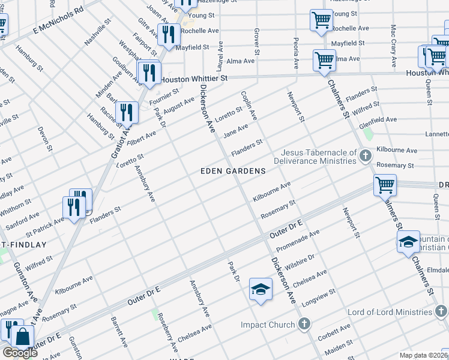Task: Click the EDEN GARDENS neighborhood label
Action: click(x=233, y=171)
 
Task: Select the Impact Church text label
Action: click(x=268, y=325)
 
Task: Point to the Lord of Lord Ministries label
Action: click(x=390, y=313)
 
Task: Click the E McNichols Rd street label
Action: click(x=58, y=19)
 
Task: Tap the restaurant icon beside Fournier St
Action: click(x=148, y=73)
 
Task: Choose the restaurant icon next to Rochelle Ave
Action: click(x=168, y=35)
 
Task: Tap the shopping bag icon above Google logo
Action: click(x=22, y=337)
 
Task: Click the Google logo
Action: click(x=20, y=353)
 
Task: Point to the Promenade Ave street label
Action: click(x=298, y=241)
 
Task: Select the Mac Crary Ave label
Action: click(x=393, y=46)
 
